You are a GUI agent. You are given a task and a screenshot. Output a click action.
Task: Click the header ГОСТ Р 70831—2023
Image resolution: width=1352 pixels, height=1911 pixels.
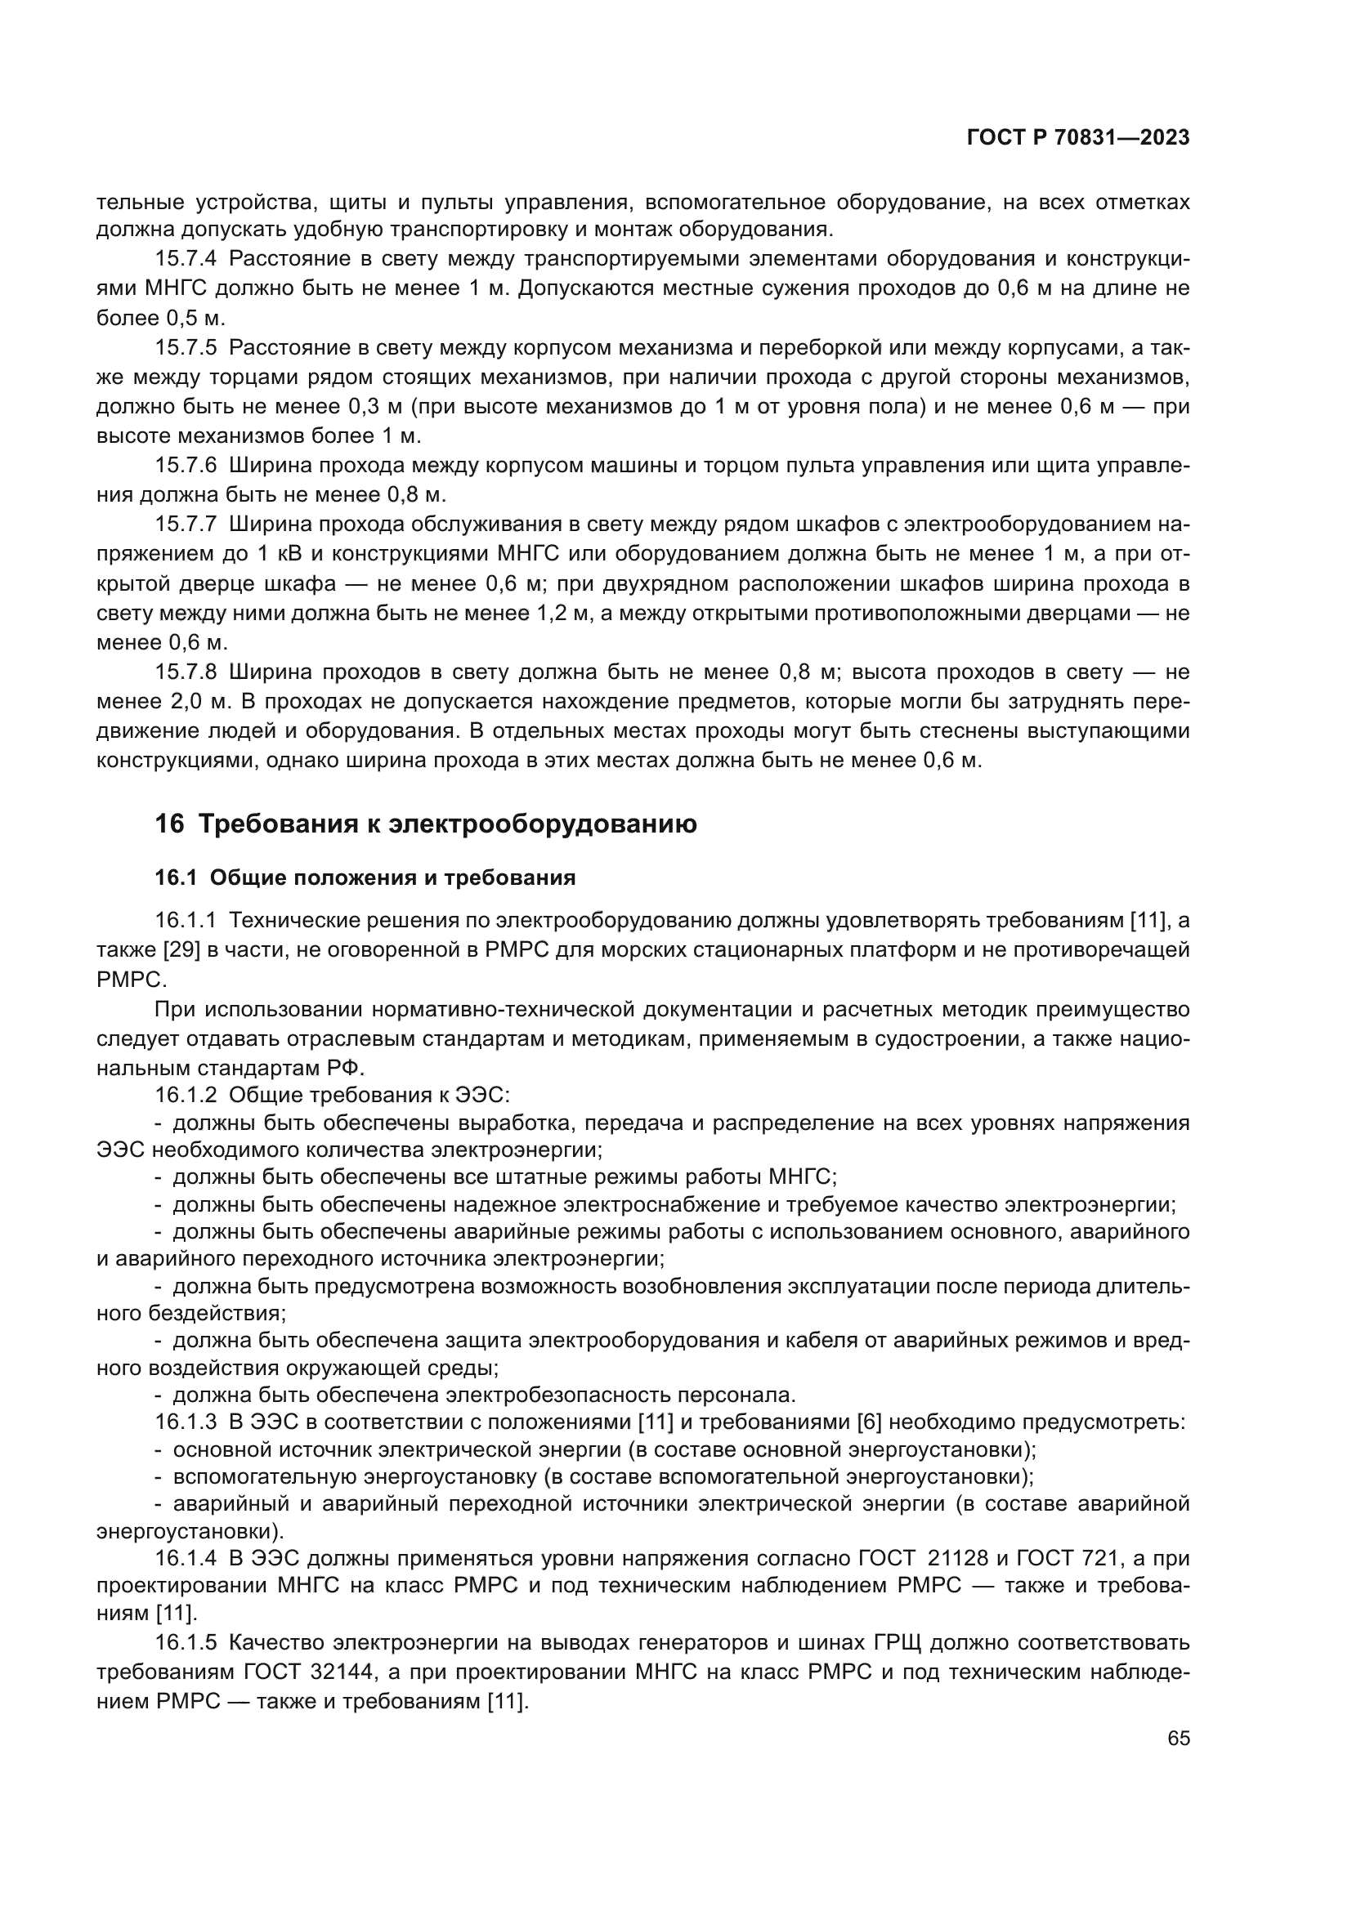click(1078, 138)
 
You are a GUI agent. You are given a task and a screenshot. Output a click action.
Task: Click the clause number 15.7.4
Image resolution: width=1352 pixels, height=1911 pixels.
click(186, 259)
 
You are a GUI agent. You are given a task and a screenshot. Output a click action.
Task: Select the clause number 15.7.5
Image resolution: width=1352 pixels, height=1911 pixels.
click(186, 348)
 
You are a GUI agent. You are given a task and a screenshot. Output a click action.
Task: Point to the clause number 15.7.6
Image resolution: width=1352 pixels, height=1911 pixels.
click(186, 465)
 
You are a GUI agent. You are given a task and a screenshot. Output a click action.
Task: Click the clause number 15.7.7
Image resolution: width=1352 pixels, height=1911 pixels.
click(186, 525)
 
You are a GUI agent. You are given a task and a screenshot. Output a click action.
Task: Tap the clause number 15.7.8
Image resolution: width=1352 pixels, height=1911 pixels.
click(186, 672)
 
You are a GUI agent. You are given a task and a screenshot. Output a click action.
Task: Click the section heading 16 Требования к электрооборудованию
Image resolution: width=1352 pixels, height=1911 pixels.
click(425, 824)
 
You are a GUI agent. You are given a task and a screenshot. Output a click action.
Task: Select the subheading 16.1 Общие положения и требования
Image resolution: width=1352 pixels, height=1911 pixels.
click(365, 877)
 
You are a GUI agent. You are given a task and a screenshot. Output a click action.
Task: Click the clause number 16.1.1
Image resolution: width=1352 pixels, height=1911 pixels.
click(186, 921)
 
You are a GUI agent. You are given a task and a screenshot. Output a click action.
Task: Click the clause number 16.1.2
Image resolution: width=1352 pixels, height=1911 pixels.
click(186, 1096)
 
